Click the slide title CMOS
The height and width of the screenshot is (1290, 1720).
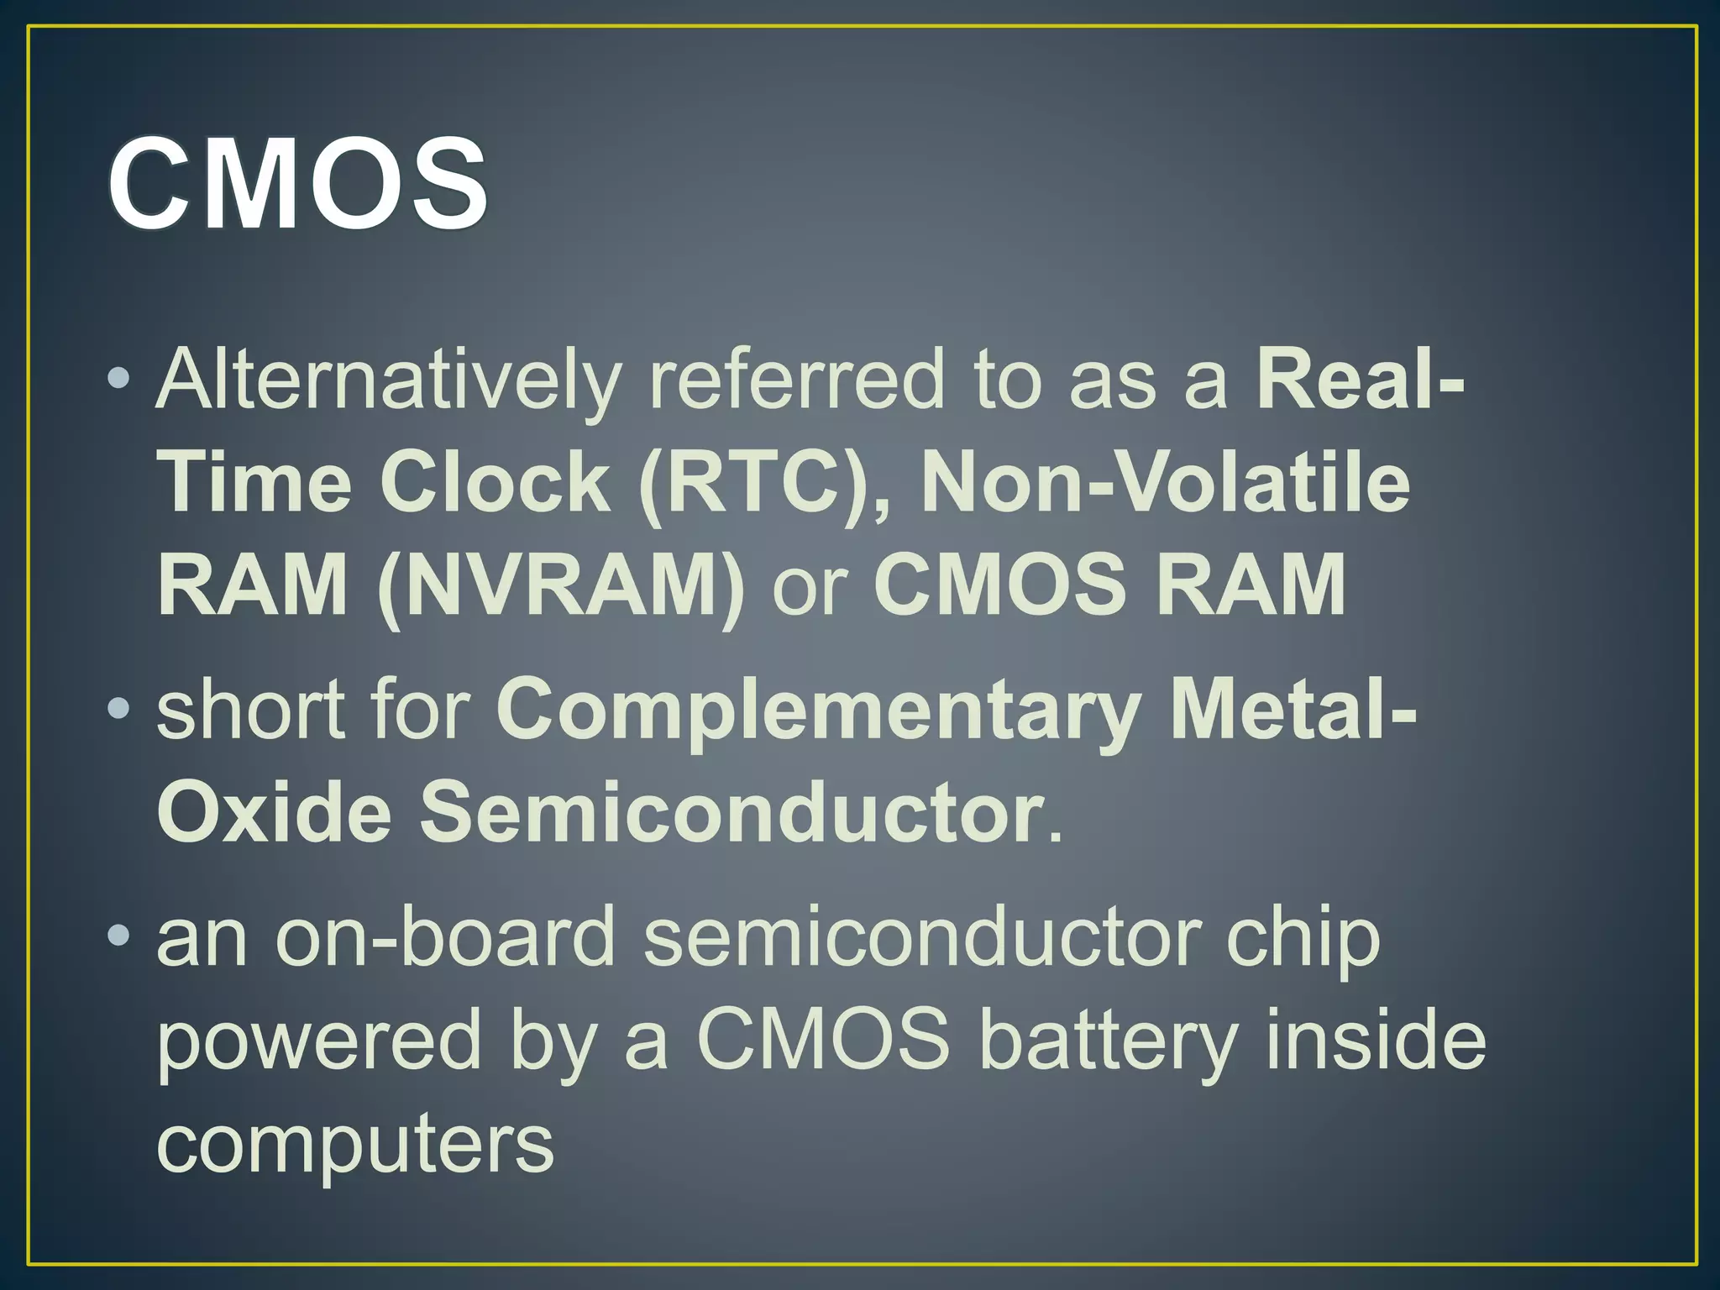[x=297, y=182]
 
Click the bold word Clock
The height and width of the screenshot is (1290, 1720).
[x=496, y=481]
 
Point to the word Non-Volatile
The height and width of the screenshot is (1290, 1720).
[x=1166, y=481]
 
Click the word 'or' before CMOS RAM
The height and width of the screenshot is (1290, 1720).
[x=810, y=588]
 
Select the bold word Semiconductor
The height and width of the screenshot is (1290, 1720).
[x=731, y=811]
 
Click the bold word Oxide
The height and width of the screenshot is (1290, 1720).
[x=274, y=811]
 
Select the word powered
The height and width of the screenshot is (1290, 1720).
[x=318, y=1041]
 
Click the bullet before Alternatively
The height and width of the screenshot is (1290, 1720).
[x=118, y=379]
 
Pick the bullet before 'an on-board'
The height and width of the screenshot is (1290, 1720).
[x=118, y=935]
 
